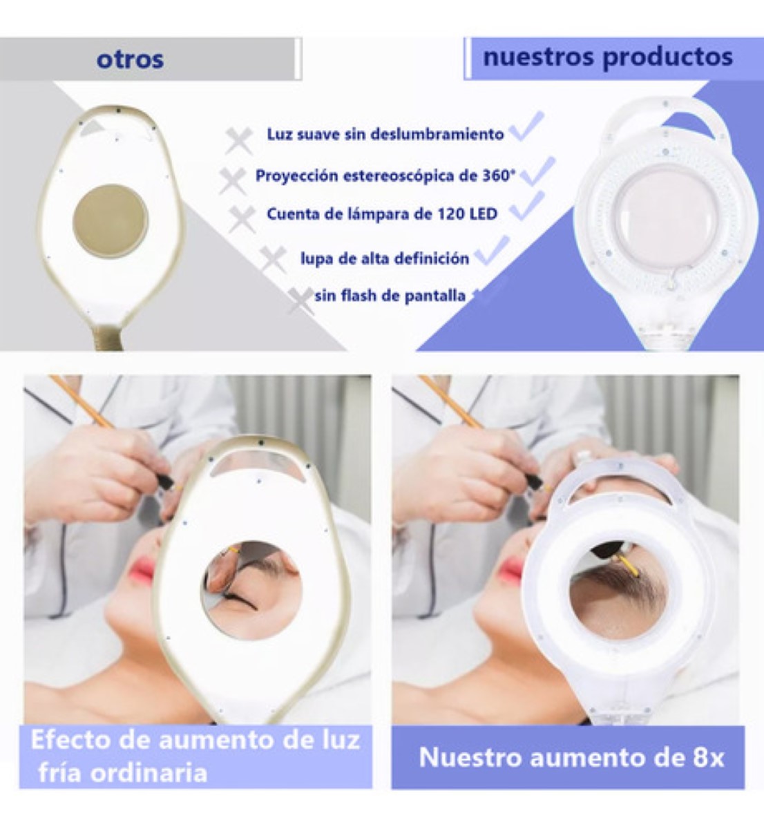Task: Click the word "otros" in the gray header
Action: (x=130, y=59)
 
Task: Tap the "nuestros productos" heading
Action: (x=607, y=57)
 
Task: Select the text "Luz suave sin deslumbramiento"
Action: (x=385, y=134)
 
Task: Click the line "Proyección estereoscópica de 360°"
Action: (x=385, y=175)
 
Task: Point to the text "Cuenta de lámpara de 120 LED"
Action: (x=382, y=213)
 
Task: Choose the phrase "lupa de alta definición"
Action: (x=385, y=258)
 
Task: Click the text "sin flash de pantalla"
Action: (x=390, y=296)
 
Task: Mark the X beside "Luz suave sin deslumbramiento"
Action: (x=239, y=141)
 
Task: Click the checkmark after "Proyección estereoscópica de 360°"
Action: (x=537, y=171)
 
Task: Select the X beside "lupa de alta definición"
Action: (x=274, y=260)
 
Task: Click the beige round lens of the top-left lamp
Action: (x=111, y=220)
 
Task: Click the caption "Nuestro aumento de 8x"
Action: (x=571, y=757)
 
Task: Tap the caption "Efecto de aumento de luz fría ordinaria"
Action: (x=195, y=756)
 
